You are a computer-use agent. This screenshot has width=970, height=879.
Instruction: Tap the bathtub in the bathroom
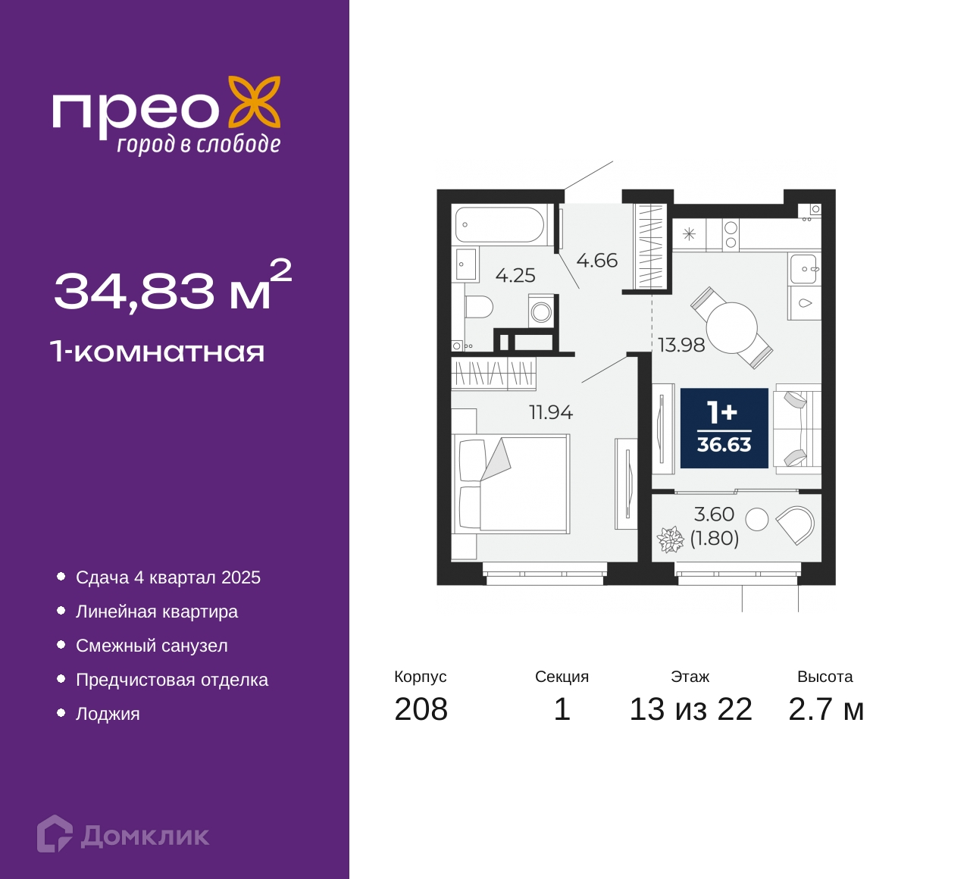pos(499,224)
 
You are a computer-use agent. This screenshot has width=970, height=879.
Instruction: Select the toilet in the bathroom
pos(478,307)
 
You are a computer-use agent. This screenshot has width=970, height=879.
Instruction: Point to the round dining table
pos(731,327)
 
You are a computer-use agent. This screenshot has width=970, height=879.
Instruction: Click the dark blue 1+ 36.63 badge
pos(724,428)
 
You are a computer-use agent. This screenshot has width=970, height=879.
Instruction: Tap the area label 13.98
pos(681,346)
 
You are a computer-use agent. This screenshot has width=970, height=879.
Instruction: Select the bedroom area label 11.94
pos(551,412)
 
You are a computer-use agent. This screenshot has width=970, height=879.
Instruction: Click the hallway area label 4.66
pos(596,261)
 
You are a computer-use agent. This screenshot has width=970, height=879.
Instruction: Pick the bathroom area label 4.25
pos(515,276)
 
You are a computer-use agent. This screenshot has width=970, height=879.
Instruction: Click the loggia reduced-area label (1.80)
pos(714,538)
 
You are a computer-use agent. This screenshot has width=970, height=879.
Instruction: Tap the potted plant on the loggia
pos(670,540)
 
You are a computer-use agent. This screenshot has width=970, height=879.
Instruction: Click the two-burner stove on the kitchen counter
pos(731,234)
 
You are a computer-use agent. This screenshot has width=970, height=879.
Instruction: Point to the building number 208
pos(421,709)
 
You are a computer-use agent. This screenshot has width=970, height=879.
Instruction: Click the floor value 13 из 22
pos(690,709)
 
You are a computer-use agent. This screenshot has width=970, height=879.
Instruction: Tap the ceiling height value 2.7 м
pos(826,709)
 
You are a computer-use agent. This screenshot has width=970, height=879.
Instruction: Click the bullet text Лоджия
pos(108,714)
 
